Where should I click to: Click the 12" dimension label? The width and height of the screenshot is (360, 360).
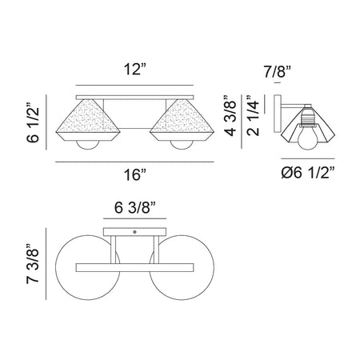135,70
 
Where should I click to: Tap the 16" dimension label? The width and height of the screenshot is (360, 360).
135,175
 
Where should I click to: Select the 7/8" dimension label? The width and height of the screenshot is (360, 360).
277,72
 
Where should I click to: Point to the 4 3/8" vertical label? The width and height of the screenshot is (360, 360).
231,115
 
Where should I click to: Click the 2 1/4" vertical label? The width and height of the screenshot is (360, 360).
253,115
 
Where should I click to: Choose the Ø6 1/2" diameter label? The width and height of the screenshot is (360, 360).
308,173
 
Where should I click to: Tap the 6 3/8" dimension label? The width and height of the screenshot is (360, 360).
135,207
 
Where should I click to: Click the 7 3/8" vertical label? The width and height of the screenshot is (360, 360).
33,263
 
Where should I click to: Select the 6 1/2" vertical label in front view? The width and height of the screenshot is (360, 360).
33,122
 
